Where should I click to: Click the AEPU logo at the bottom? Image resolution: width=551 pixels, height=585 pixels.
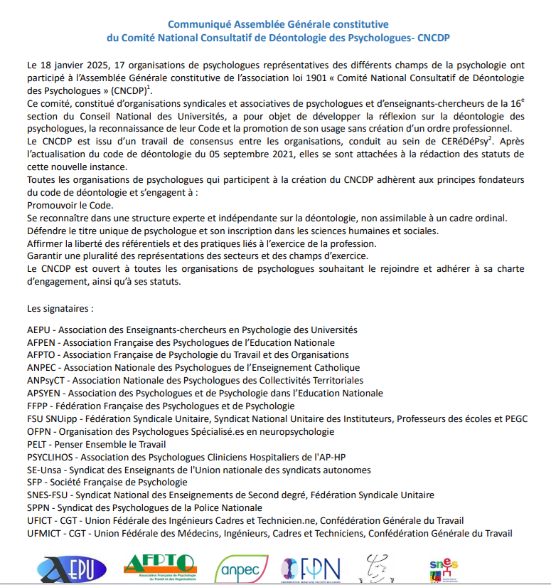coord(71,567)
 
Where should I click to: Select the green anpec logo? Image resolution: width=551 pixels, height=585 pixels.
coord(241,567)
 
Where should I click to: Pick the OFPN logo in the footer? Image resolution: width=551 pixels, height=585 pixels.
coord(311,567)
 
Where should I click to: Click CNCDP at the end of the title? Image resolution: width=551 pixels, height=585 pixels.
coord(433,37)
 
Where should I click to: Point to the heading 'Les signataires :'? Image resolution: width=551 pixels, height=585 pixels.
coord(60,310)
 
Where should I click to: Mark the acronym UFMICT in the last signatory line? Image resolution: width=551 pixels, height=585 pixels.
coord(45,534)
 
